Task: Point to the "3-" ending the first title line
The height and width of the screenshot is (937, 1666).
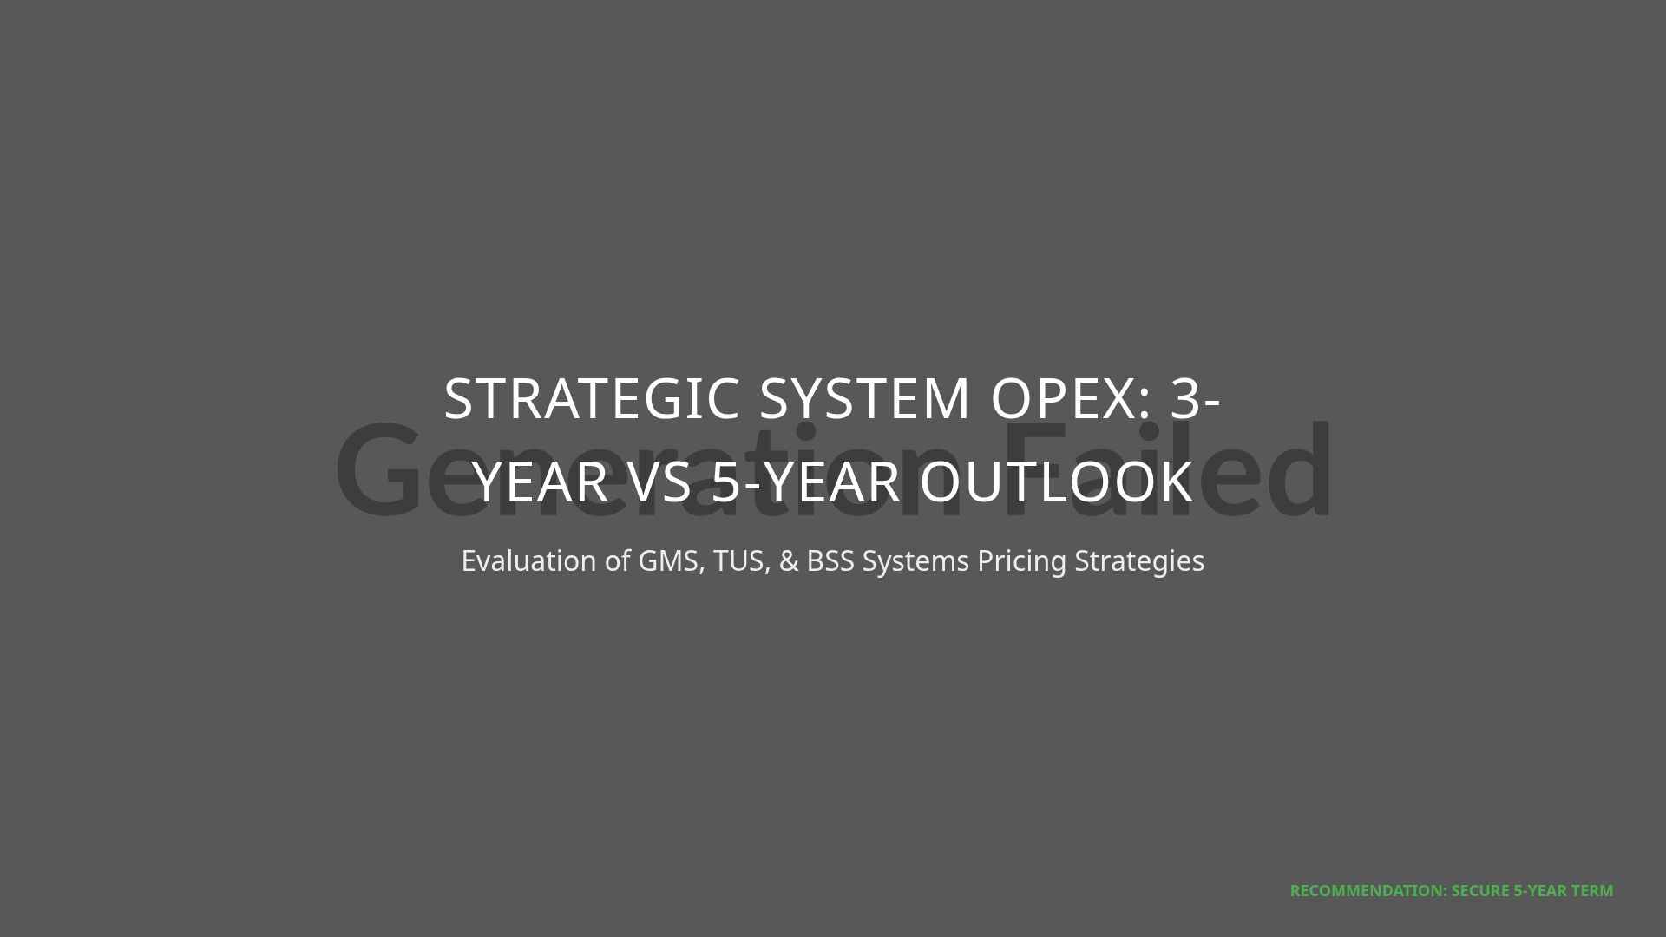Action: (x=1197, y=399)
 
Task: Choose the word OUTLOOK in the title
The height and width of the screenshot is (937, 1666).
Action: (x=1056, y=482)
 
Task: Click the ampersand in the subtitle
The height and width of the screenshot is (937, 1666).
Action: (x=789, y=561)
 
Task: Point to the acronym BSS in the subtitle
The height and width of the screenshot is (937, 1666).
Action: (x=830, y=561)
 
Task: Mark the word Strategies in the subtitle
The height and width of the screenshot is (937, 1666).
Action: (x=1139, y=561)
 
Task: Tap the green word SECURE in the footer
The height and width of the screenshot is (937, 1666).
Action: (x=1480, y=891)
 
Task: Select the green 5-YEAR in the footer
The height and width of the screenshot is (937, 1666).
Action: (x=1541, y=891)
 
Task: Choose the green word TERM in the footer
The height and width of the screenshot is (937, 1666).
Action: (x=1593, y=891)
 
